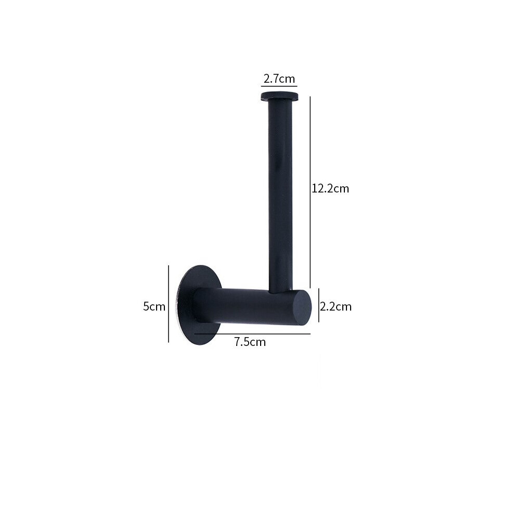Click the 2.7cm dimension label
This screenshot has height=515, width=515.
[279, 79]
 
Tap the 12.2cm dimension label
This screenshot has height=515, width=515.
[330, 188]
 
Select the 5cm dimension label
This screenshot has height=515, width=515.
[154, 306]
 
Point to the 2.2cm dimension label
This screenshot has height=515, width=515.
[336, 306]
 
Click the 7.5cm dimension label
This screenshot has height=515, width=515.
[250, 342]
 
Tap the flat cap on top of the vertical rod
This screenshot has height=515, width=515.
[279, 97]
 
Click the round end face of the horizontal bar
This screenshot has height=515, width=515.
[302, 307]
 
